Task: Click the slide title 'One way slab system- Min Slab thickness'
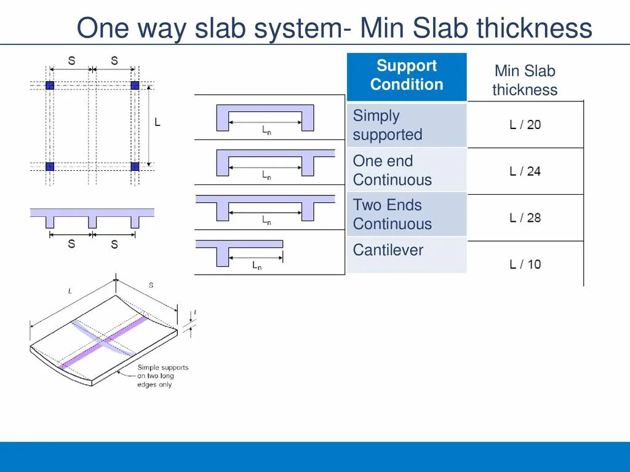point(334,28)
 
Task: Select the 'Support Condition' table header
point(407,76)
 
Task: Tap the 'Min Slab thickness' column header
point(525,81)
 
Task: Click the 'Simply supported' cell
point(407,125)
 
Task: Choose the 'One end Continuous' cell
point(407,170)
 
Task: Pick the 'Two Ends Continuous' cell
point(407,214)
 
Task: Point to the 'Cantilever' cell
point(407,251)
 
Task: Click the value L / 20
point(525,125)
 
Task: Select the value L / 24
point(525,171)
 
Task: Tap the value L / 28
point(525,218)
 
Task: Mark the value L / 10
point(525,264)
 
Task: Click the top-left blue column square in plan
point(50,85)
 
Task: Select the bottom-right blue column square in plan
point(135,166)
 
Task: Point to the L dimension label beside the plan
point(157,123)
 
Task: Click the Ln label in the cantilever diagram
point(257,266)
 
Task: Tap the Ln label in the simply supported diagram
point(266,131)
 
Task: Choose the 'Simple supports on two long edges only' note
point(162,376)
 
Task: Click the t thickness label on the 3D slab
point(195,313)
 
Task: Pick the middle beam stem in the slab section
point(92,222)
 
